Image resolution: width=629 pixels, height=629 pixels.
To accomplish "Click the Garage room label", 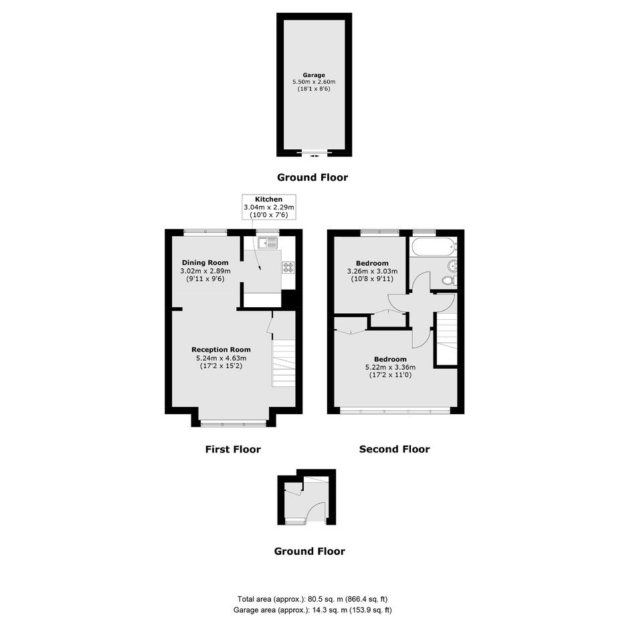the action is (x=314, y=75).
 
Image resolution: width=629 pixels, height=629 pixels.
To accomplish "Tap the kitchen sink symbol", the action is (x=268, y=243).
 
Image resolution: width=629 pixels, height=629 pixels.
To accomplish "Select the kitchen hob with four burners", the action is (x=288, y=268).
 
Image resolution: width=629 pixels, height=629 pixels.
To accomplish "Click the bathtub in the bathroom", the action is (x=434, y=247).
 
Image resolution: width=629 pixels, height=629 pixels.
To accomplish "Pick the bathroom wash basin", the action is (x=453, y=265).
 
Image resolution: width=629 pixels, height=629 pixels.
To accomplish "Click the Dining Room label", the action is (x=205, y=263).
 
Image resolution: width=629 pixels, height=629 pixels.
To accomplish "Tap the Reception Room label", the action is (x=221, y=350).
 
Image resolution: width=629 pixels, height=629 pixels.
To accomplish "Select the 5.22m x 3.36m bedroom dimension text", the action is (x=390, y=367).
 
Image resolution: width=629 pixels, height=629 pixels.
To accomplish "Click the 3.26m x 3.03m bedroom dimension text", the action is (x=372, y=271).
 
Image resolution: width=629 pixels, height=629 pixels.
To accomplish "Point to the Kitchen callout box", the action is (x=269, y=207).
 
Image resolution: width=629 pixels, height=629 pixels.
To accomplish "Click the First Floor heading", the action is (x=233, y=449).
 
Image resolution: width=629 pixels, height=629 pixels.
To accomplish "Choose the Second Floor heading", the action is (x=394, y=449).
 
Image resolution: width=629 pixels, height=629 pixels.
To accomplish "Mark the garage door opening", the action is (x=314, y=153).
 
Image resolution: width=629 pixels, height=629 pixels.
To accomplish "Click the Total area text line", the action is (x=312, y=600).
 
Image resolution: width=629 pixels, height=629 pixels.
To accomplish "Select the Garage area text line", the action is (x=312, y=610).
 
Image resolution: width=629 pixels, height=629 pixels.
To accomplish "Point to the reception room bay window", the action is (x=233, y=423).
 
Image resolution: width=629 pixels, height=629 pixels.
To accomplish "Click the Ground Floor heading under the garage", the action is (x=312, y=177).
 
